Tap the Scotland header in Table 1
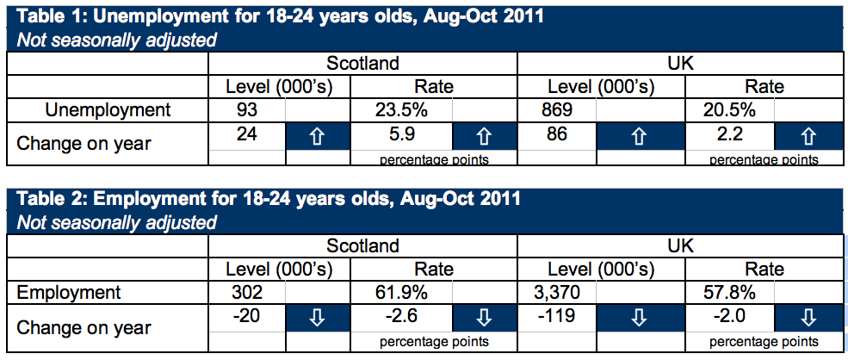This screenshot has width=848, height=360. coord(362,64)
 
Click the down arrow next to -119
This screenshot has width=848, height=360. coord(639,320)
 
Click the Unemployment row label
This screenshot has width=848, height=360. coord(108,110)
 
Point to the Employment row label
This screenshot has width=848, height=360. coord(70,293)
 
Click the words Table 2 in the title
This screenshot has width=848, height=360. coord(52,200)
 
